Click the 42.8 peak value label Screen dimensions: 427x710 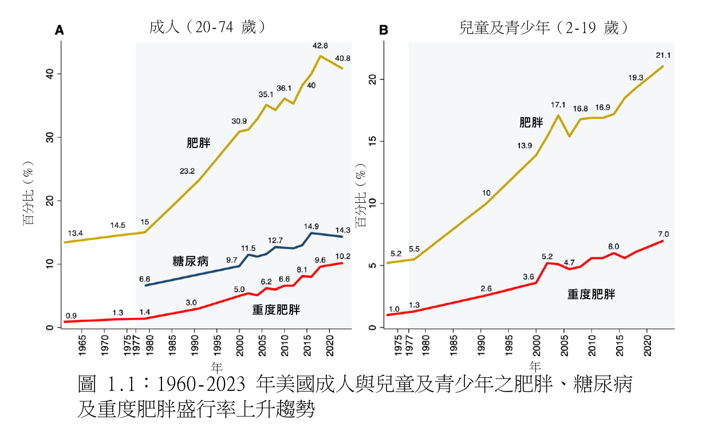(320, 46)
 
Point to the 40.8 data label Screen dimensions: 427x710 (343, 58)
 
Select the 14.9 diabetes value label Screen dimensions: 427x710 (311, 226)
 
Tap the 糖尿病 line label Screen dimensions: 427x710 (191, 261)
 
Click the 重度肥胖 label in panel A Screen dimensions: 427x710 (276, 310)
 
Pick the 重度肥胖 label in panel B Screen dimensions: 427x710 (591, 294)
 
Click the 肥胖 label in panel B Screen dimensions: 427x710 (531, 122)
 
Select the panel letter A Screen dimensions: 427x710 (58, 30)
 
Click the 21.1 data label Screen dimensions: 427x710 (664, 55)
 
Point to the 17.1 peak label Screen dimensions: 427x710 (558, 105)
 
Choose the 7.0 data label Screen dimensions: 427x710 (664, 234)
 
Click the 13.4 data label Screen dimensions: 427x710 (76, 234)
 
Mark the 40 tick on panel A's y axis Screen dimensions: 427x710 (50, 74)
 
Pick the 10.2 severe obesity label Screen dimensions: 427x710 (343, 256)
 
